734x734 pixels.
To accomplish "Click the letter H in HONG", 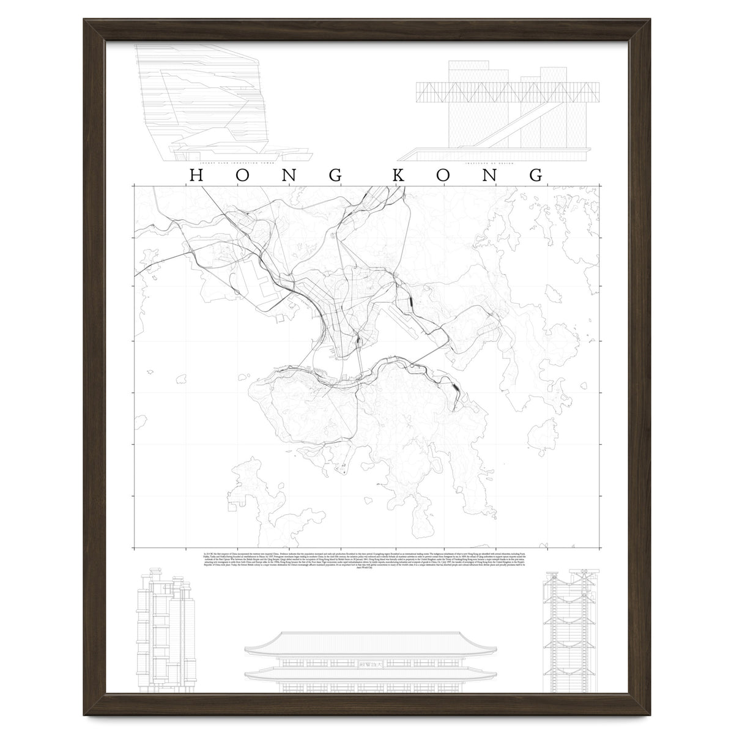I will (196, 175).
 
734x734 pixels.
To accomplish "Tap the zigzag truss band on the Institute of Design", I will (489, 92).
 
